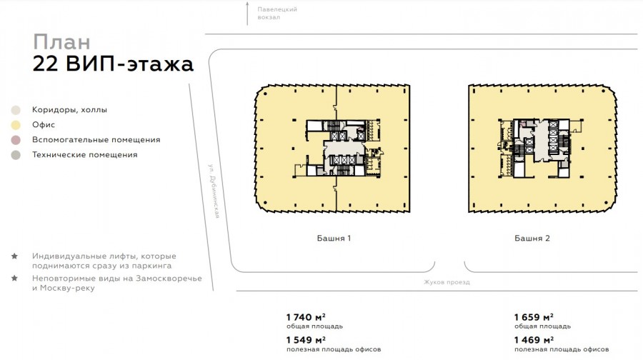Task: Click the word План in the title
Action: (x=61, y=42)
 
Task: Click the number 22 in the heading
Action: (x=45, y=64)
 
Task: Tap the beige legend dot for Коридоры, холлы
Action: (x=16, y=110)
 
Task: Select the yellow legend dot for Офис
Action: (x=16, y=125)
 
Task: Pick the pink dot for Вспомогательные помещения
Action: (x=16, y=140)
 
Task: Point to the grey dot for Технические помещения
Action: (x=16, y=155)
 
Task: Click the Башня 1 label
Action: (x=334, y=239)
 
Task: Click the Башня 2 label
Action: (x=532, y=239)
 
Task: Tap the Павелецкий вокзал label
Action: (x=277, y=13)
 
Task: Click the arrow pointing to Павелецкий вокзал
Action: (x=247, y=13)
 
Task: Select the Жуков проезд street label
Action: (x=447, y=282)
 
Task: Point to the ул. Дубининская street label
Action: (x=214, y=191)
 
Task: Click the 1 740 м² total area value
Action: (x=306, y=317)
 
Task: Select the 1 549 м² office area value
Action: (x=306, y=340)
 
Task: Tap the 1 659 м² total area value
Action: (x=534, y=317)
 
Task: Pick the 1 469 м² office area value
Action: (x=534, y=340)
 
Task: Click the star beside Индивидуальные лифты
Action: (x=14, y=256)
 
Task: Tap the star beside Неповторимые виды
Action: (x=14, y=278)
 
